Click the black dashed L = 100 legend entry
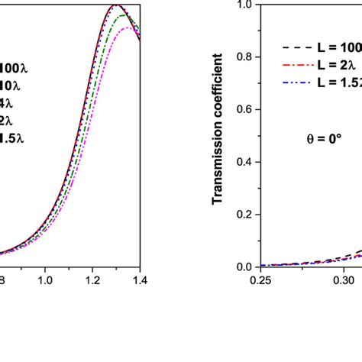pyautogui.click(x=321, y=46)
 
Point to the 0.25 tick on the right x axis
pyautogui.click(x=260, y=280)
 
